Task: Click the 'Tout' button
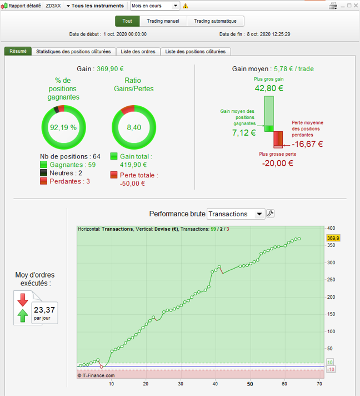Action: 127,21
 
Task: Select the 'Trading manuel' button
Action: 163,21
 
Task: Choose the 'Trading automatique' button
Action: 215,21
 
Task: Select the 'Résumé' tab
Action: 18,52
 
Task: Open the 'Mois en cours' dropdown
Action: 155,6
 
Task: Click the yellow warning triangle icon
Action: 186,6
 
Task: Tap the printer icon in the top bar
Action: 333,6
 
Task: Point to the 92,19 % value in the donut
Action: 63,127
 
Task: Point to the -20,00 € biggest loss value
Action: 278,163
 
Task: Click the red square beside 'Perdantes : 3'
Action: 44,181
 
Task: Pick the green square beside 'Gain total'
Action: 114,157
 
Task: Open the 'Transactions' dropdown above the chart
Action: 236,214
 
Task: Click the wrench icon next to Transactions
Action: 271,214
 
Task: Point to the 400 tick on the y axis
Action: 332,228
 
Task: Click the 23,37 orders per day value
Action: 44,310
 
